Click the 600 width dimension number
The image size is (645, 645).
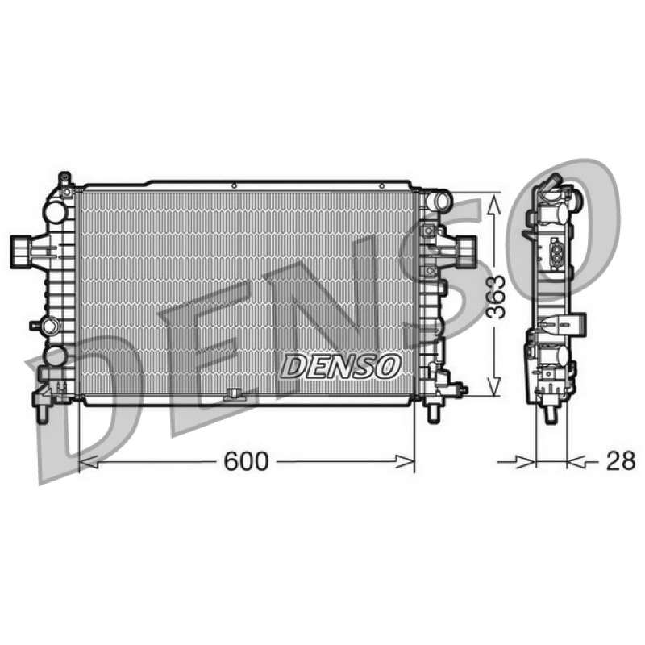tap(246, 461)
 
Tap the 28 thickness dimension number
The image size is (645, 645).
tap(620, 461)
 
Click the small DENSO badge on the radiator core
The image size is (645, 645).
tap(341, 367)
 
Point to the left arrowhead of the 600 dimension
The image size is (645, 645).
tap(88, 461)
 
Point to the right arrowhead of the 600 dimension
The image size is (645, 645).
tap(405, 461)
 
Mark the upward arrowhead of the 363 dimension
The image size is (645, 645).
tap(494, 205)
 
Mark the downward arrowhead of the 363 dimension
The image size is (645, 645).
tap(494, 387)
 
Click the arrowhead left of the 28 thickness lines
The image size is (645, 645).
tap(526, 462)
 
